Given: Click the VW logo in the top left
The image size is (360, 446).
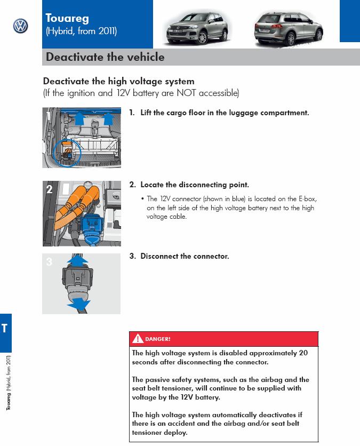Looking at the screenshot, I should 20,26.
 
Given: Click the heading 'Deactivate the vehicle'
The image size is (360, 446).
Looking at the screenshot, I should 105,57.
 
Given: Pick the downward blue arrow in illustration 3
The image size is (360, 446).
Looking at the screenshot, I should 78,304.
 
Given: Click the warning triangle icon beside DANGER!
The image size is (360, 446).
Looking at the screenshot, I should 138,339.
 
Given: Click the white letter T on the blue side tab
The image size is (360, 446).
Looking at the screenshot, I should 4,328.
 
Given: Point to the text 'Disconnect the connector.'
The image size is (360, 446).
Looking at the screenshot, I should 185,257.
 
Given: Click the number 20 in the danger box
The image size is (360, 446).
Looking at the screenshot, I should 303,353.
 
